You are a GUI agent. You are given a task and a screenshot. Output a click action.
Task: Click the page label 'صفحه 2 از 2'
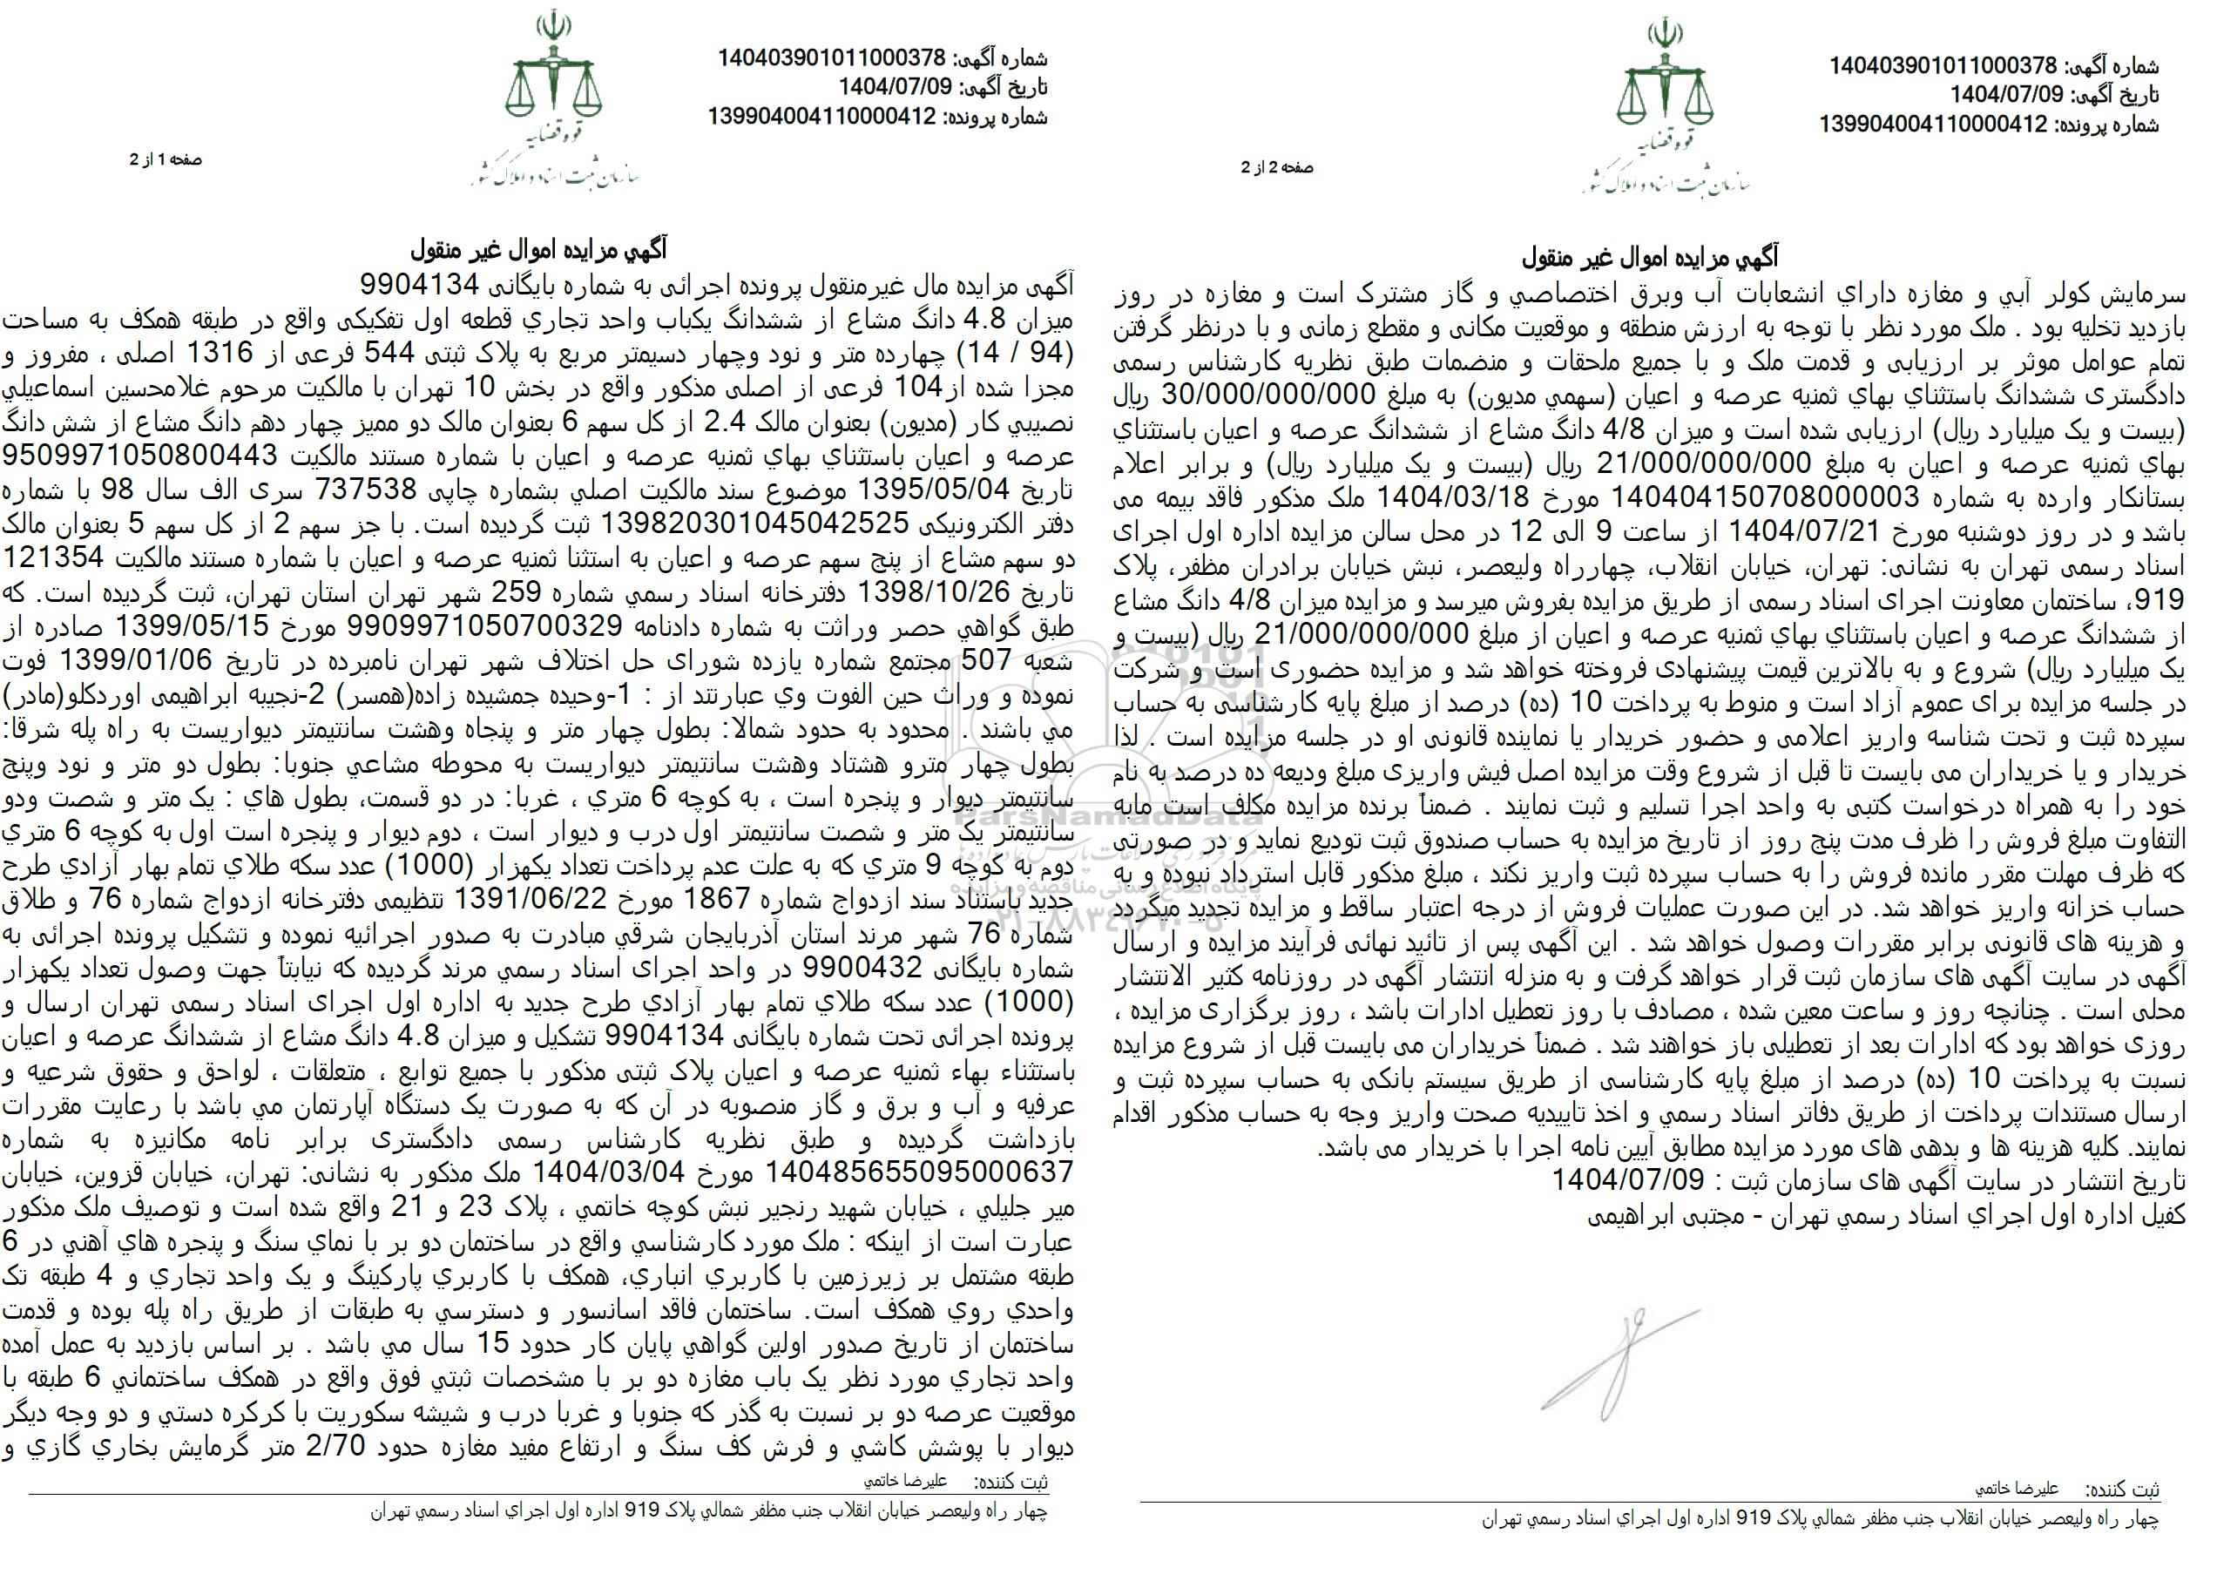pyautogui.click(x=1277, y=167)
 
